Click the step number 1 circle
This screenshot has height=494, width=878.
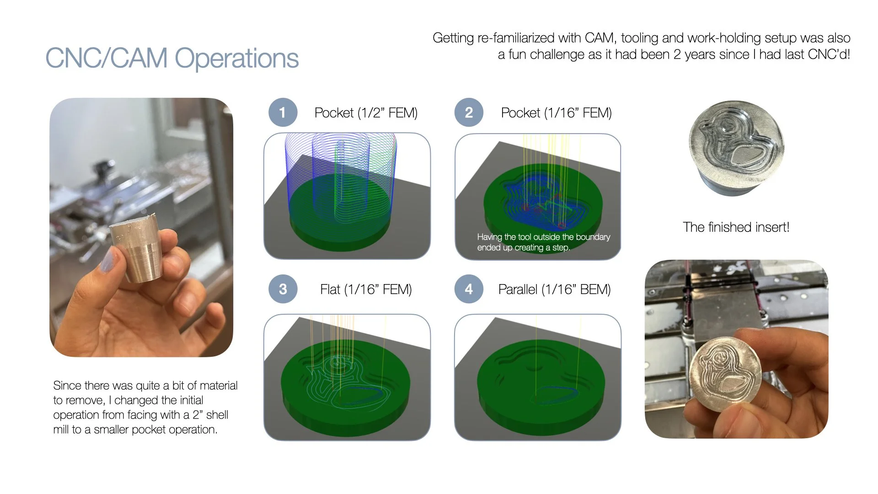283,113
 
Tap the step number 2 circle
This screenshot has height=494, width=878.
469,113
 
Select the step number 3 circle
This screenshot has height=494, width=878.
283,289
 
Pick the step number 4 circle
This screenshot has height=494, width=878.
469,289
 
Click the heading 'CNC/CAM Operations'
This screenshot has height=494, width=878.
172,58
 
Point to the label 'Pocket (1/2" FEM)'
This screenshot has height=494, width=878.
366,113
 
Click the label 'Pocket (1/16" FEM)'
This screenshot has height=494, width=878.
556,113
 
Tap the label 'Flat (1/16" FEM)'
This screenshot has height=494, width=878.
366,290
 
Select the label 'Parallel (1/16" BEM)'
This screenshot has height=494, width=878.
554,290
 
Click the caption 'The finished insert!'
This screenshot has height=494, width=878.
736,227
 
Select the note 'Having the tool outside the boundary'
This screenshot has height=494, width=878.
543,237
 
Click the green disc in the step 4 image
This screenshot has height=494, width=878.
540,389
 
